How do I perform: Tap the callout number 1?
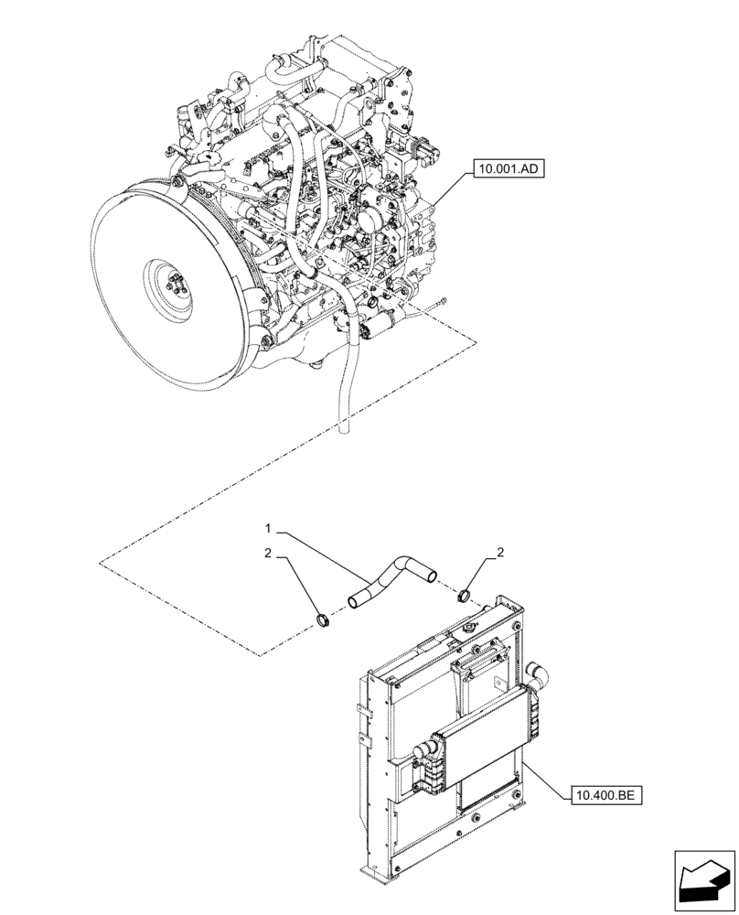(x=268, y=528)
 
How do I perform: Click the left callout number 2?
(x=268, y=554)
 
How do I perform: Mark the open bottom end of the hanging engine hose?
(x=345, y=425)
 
